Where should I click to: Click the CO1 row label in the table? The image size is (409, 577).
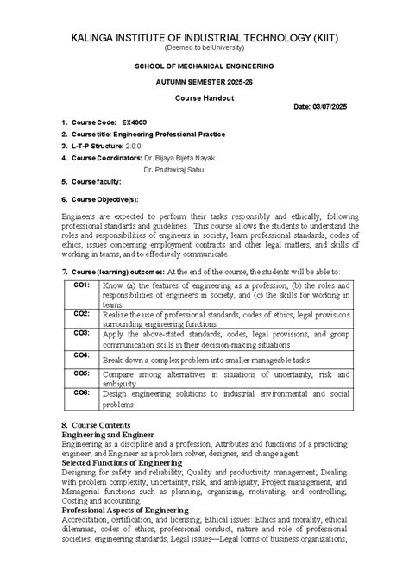point(81,285)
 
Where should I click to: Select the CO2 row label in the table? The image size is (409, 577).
point(81,313)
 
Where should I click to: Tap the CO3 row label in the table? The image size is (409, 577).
point(81,332)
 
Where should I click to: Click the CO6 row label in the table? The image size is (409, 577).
point(81,392)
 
